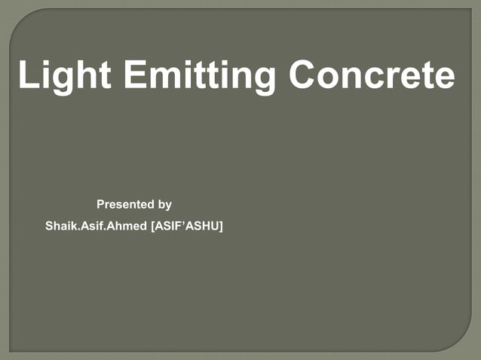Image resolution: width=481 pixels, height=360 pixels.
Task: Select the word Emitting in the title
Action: pyautogui.click(x=198, y=75)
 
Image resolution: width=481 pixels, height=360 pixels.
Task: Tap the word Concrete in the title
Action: pyautogui.click(x=372, y=75)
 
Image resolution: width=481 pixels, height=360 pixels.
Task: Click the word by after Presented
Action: pyautogui.click(x=164, y=204)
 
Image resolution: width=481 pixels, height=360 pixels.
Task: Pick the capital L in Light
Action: pyautogui.click(x=28, y=75)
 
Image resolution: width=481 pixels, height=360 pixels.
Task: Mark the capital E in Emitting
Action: pyautogui.click(x=139, y=75)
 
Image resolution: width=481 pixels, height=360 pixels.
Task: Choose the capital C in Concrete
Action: pyautogui.click(x=306, y=75)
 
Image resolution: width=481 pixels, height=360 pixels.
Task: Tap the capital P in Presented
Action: pyautogui.click(x=101, y=204)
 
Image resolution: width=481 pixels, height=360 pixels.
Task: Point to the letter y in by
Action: pyautogui.click(x=168, y=206)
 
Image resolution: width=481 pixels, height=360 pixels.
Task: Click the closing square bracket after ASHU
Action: pyautogui.click(x=221, y=226)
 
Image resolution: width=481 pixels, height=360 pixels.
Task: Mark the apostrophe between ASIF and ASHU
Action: pyautogui.click(x=182, y=223)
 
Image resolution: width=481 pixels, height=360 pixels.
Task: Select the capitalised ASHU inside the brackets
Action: pyautogui.click(x=202, y=226)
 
